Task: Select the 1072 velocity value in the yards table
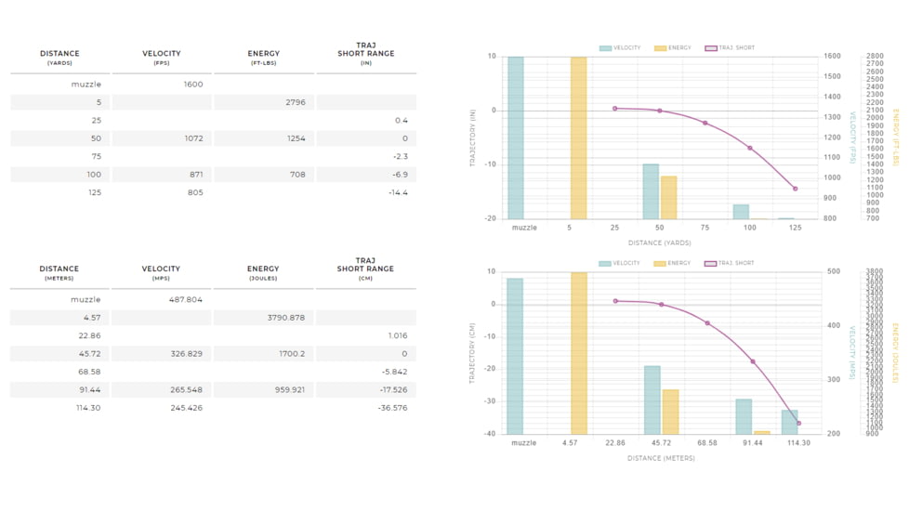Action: (x=192, y=138)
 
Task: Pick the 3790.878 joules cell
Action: (x=285, y=318)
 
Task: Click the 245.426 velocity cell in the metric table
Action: (x=186, y=408)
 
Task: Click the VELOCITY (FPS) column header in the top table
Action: (x=161, y=57)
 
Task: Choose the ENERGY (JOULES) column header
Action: (x=263, y=272)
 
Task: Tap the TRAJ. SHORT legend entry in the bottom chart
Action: (x=730, y=263)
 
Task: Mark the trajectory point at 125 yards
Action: (x=796, y=189)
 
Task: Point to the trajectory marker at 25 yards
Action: (x=614, y=109)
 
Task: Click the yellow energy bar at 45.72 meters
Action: (x=670, y=412)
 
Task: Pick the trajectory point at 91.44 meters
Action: (x=753, y=361)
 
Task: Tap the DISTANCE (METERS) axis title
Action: (x=660, y=458)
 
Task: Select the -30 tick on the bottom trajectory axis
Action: (x=490, y=401)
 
